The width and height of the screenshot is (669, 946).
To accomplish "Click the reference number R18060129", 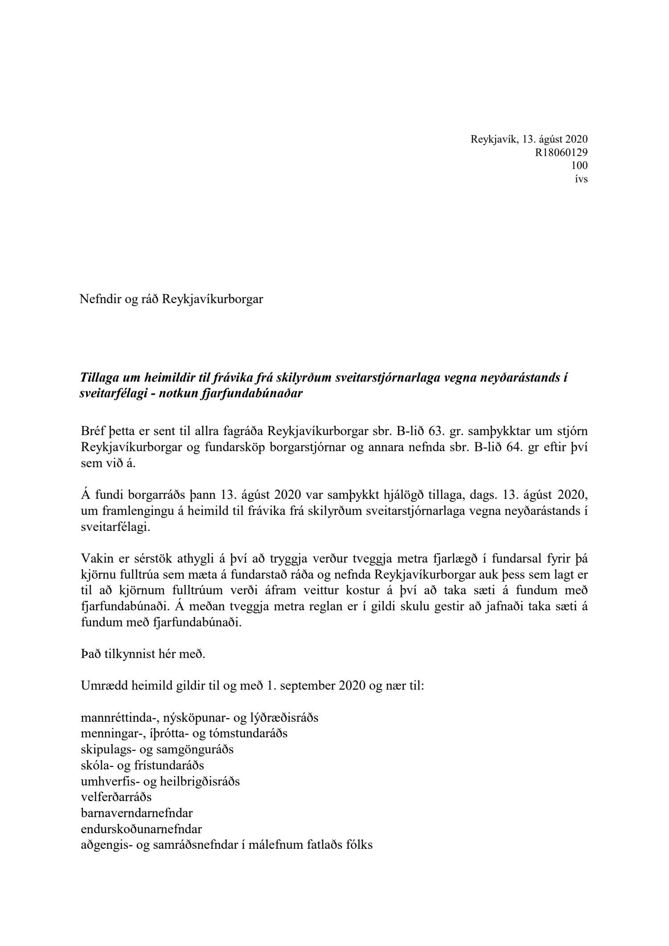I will click(561, 152).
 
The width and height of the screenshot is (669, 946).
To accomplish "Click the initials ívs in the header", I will click(581, 179).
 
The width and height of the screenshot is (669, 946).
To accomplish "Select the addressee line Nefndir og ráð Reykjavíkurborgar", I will click(171, 299).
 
